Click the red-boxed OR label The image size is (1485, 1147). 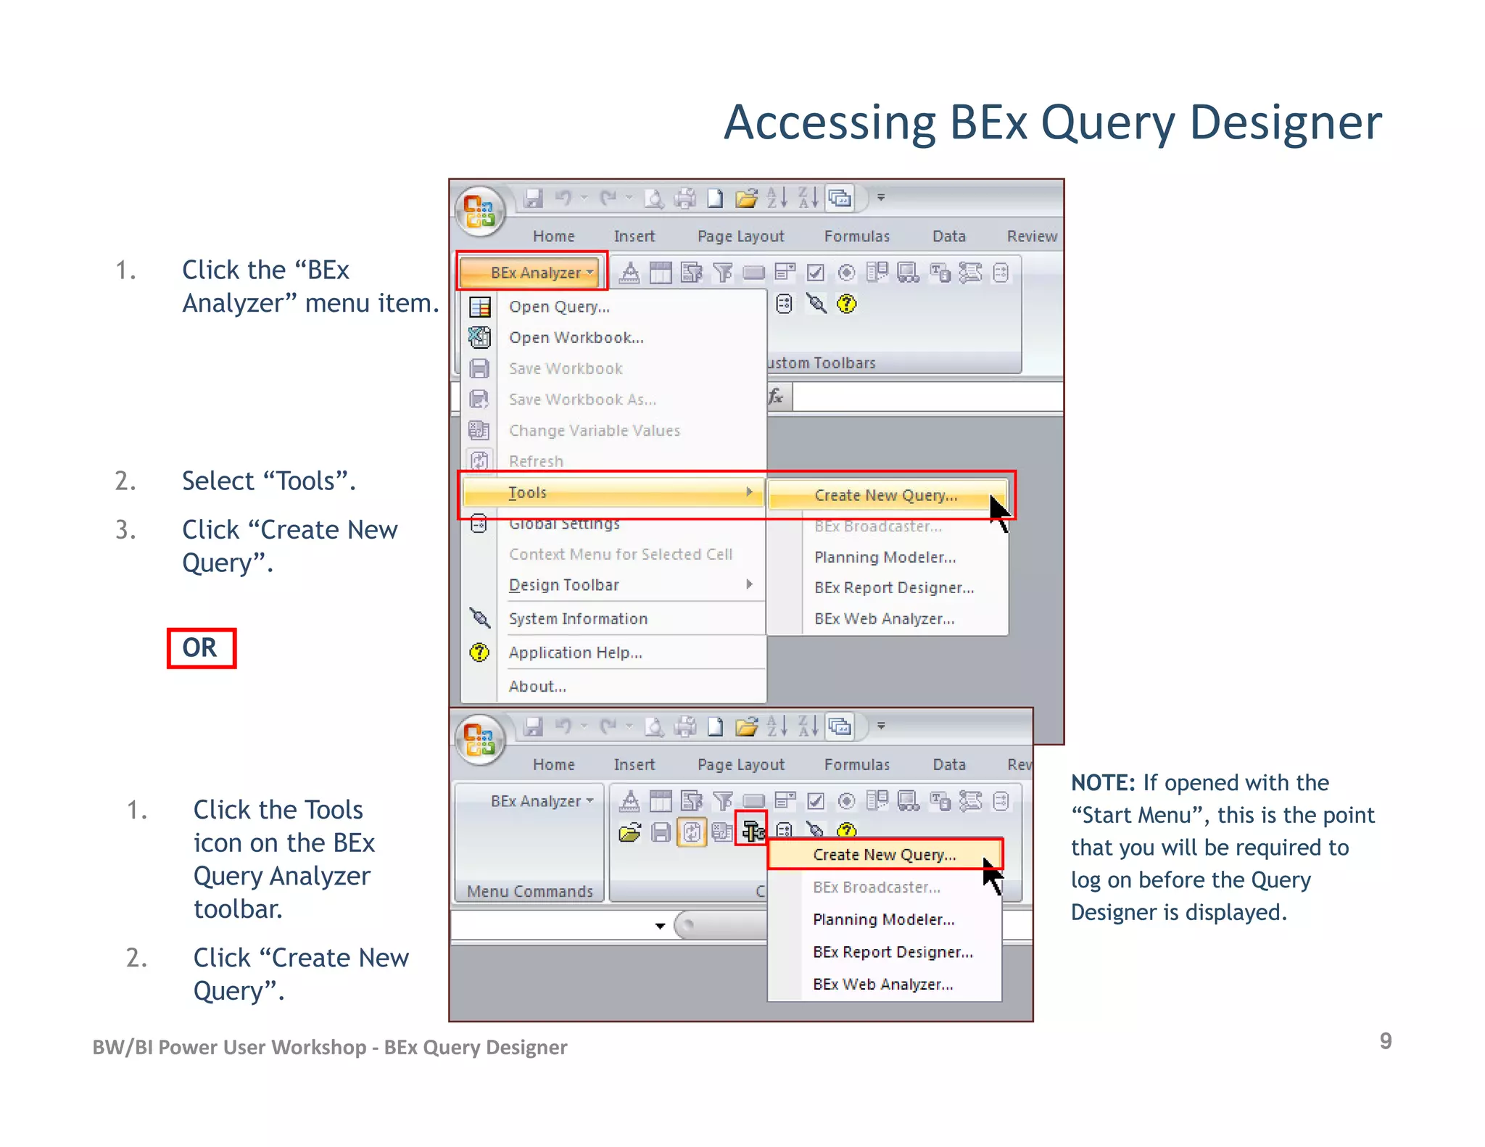pyautogui.click(x=200, y=647)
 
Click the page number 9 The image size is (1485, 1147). pyautogui.click(x=1385, y=1040)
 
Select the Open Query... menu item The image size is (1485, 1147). pyautogui.click(x=559, y=307)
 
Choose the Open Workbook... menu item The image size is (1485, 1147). pyautogui.click(x=576, y=338)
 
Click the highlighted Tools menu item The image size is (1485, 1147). pyautogui.click(x=528, y=493)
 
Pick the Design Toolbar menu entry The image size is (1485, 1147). pyautogui.click(x=564, y=585)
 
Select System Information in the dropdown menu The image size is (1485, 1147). pyautogui.click(x=578, y=618)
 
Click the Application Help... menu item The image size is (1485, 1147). pyautogui.click(x=575, y=653)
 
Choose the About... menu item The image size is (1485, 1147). pyautogui.click(x=537, y=687)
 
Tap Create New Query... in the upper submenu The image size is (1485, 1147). pyautogui.click(x=885, y=495)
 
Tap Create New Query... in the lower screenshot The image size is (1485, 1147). pyautogui.click(x=884, y=855)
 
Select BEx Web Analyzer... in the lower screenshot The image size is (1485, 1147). pyautogui.click(x=882, y=984)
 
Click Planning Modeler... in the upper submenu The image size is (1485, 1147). pyautogui.click(x=885, y=557)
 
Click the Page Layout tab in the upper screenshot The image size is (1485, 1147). pyautogui.click(x=740, y=236)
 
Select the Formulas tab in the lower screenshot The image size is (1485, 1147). pyautogui.click(x=856, y=764)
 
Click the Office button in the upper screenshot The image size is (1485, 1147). pyautogui.click(x=479, y=210)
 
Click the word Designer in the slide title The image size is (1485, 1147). pyautogui.click(x=1285, y=123)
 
